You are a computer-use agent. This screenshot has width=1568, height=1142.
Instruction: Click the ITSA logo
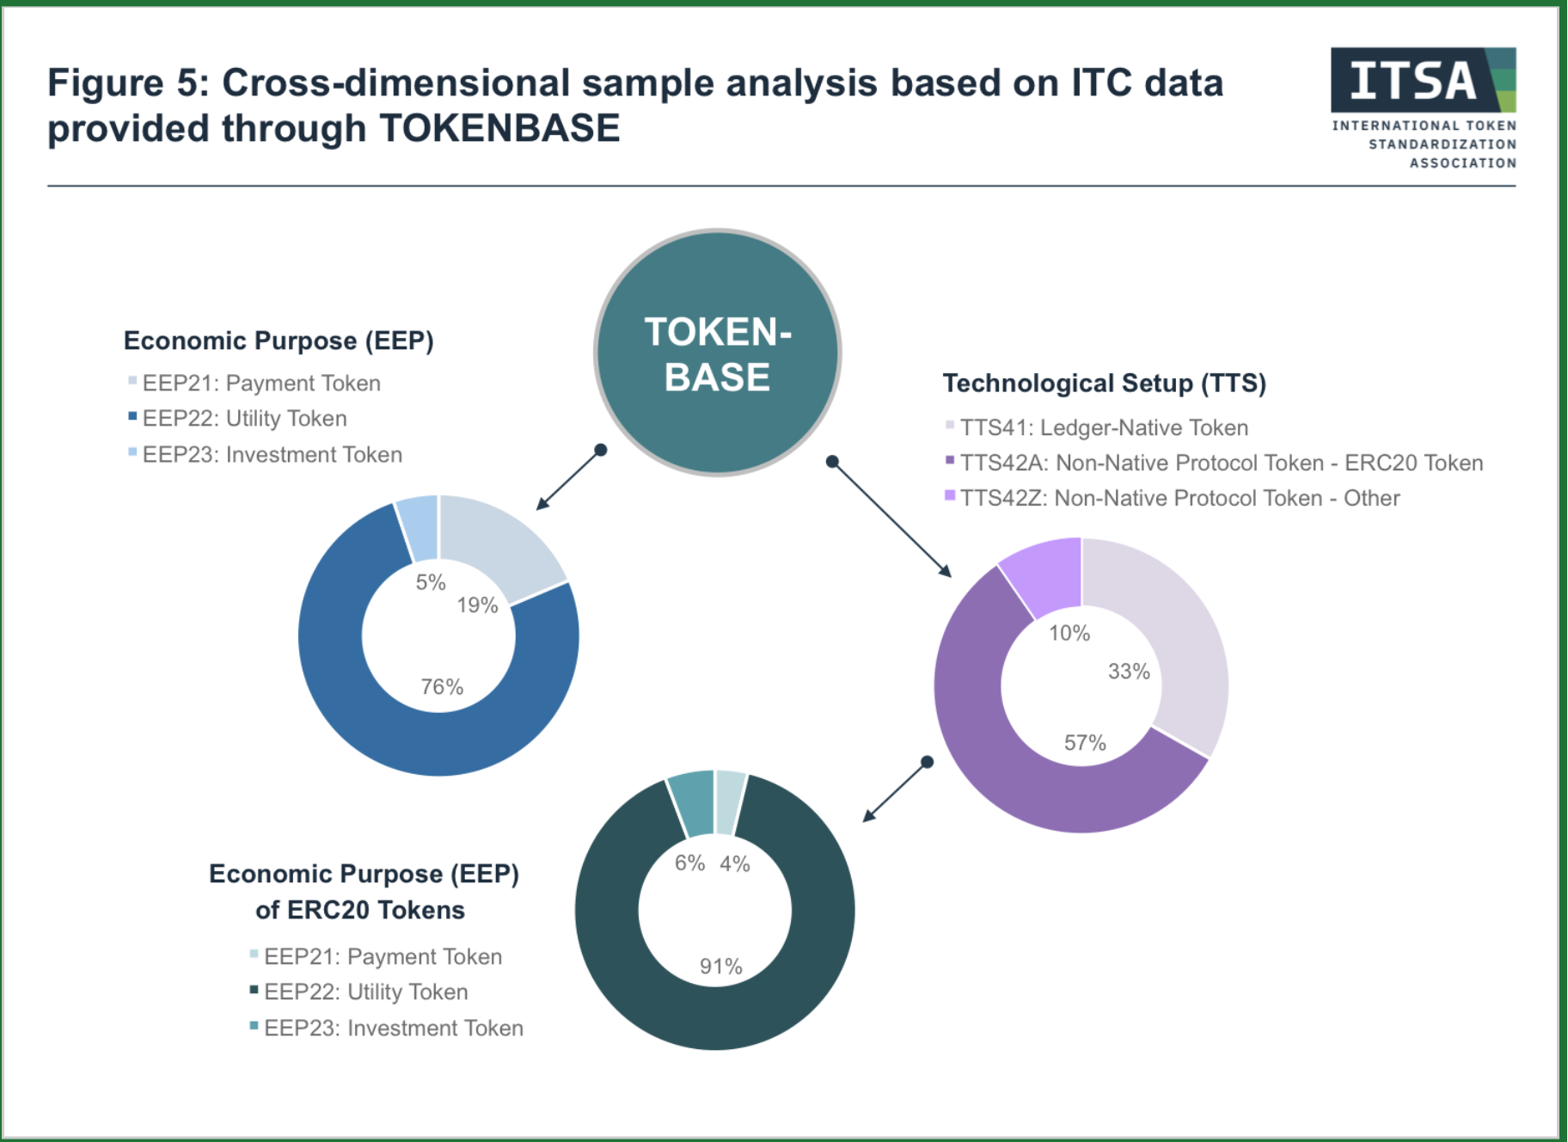coord(1424,108)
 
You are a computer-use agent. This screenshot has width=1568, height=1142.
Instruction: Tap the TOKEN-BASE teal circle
coord(718,353)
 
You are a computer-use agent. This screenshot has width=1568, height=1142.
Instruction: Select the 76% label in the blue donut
coord(442,687)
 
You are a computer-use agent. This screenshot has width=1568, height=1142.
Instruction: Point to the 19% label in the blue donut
coord(477,605)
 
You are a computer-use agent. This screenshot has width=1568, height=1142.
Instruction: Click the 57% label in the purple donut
coord(1085,743)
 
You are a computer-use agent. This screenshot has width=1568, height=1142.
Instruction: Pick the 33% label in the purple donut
coord(1129,672)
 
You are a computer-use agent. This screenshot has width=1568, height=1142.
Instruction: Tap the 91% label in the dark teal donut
coord(720,967)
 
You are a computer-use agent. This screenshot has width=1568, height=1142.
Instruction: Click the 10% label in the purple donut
coord(1069,634)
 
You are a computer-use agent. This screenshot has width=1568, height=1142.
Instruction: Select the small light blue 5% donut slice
coord(419,526)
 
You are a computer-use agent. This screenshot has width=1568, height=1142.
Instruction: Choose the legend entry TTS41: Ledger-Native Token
coord(1096,427)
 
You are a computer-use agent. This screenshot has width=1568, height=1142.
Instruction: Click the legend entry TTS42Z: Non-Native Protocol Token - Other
coord(1172,498)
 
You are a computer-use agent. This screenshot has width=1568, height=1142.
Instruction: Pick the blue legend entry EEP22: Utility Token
coord(237,419)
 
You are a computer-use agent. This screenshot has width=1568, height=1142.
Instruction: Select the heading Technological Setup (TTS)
coord(1105,384)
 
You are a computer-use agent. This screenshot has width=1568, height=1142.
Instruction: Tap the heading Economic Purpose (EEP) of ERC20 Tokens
coord(364,892)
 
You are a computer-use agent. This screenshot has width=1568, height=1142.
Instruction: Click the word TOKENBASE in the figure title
coord(499,129)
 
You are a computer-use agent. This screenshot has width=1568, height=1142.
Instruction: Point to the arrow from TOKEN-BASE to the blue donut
coord(569,480)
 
